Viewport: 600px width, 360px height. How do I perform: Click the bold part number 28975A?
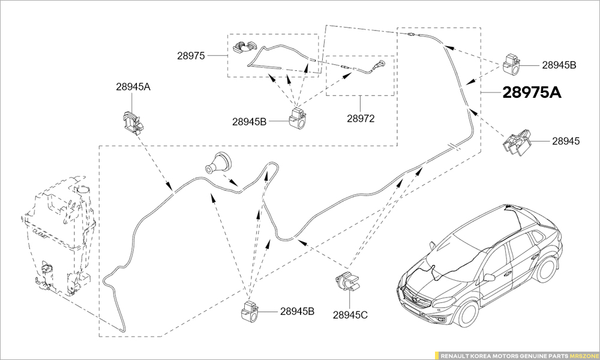click(532, 93)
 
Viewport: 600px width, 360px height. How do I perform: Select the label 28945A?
click(133, 86)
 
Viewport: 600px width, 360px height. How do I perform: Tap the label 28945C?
click(350, 314)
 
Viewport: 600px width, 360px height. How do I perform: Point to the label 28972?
click(360, 118)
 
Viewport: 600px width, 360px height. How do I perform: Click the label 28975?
click(191, 56)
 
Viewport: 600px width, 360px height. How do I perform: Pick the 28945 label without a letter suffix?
click(566, 142)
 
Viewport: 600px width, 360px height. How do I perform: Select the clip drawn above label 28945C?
click(347, 283)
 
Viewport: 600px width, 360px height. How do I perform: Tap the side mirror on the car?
click(490, 278)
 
